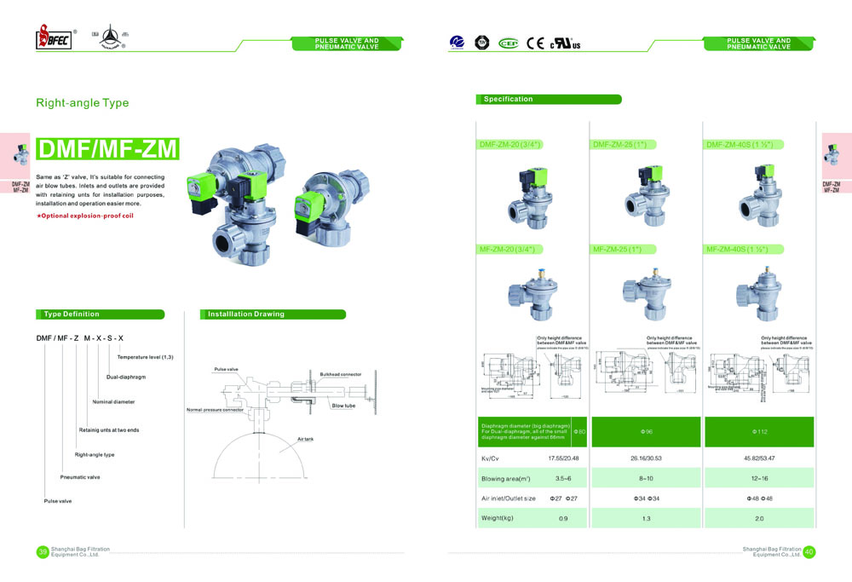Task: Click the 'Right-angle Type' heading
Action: coord(82,103)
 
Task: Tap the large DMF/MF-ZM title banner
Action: coord(108,150)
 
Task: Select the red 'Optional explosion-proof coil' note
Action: coord(84,216)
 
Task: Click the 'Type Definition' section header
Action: coord(72,314)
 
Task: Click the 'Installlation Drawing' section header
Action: coord(246,314)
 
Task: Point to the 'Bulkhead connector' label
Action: coord(340,374)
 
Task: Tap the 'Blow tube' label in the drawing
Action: coord(343,406)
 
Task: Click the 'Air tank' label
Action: coord(305,438)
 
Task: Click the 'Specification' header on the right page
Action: coord(509,100)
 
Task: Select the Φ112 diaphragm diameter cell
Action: coord(758,432)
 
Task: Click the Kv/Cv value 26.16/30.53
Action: coord(646,458)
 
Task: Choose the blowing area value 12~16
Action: coord(758,478)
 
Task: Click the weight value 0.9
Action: coord(562,519)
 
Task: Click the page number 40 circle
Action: coord(809,552)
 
